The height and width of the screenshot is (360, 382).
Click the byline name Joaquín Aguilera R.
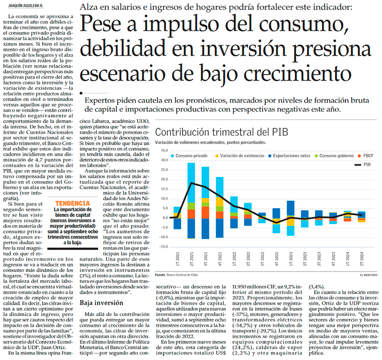[x=24, y=5]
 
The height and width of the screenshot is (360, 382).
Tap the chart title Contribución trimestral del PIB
[x=222, y=133]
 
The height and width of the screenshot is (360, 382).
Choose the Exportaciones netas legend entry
[x=292, y=156]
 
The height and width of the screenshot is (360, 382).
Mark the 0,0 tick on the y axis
[x=164, y=218]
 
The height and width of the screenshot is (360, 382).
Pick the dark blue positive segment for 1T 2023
[x=291, y=208]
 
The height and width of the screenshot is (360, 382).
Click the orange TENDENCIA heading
[x=72, y=204]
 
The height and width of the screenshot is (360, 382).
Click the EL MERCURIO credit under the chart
[x=368, y=275]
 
